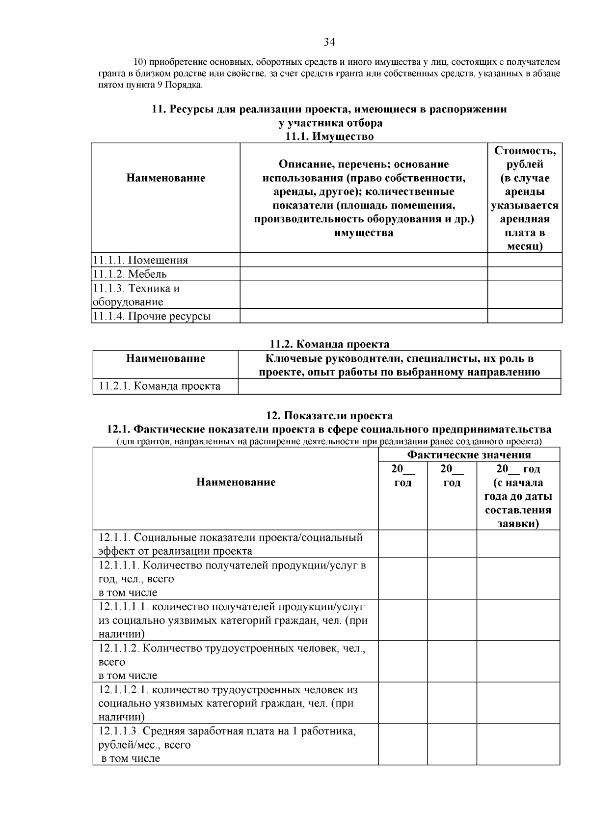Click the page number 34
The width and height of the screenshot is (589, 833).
point(329,42)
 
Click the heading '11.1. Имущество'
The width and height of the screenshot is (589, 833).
point(329,136)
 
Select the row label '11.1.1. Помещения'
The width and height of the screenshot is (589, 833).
point(140,260)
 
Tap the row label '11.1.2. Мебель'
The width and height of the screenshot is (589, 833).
point(130,274)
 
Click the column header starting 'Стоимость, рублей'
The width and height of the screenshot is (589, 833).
point(525,198)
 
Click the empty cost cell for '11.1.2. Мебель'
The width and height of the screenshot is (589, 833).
point(525,274)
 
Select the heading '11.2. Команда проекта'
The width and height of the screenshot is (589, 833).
point(329,344)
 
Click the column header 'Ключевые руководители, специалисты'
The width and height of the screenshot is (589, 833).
point(399,365)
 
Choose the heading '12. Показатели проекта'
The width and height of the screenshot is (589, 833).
point(329,415)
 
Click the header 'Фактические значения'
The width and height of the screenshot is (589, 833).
point(469,455)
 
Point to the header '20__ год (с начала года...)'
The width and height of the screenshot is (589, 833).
point(518,496)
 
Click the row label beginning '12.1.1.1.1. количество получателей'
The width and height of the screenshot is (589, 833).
point(233,620)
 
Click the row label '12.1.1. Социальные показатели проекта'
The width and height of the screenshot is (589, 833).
point(231,544)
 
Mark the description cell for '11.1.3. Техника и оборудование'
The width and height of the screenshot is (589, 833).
point(363,295)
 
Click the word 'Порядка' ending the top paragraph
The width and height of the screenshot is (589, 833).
point(185,85)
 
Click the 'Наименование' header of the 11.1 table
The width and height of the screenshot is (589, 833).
point(165,178)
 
